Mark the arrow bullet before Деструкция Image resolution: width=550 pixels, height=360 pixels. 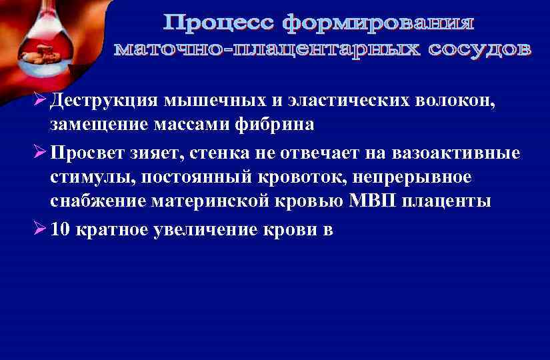(x=39, y=101)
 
